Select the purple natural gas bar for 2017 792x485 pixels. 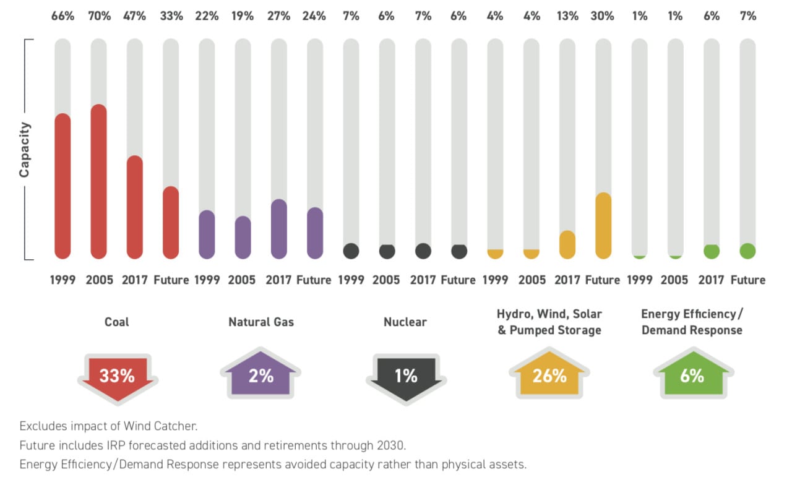click(279, 228)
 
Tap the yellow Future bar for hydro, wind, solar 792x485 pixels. click(603, 225)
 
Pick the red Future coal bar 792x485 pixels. click(171, 222)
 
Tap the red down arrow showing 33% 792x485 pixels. click(118, 377)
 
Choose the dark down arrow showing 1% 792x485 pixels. click(405, 377)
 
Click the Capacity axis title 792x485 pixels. click(25, 150)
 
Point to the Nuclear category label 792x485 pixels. click(405, 322)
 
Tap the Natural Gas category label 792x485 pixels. click(261, 322)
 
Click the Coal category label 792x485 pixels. click(117, 322)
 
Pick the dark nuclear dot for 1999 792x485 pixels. click(351, 251)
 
